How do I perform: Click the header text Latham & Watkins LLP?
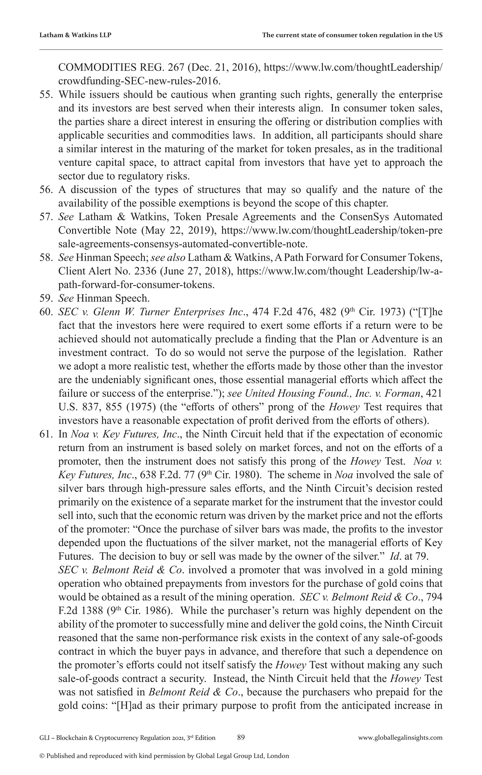(x=75, y=35)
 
